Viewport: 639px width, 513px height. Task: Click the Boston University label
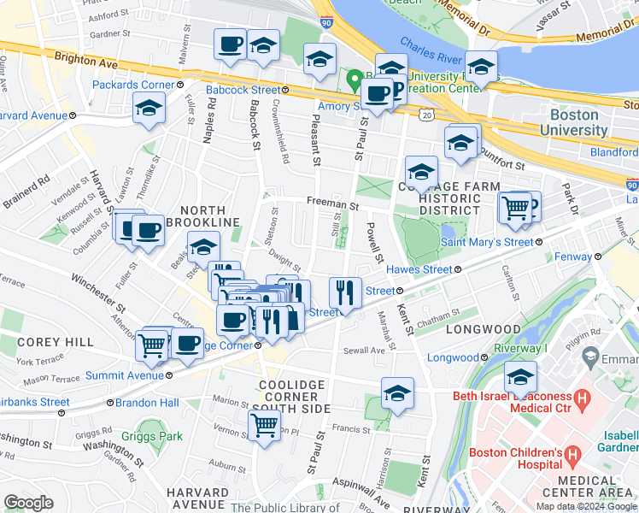coord(579,122)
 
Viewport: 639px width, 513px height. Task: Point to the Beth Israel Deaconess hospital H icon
coord(583,398)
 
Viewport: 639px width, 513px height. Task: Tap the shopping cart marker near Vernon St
coord(264,423)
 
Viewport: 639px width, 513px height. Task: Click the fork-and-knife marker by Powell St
coord(345,293)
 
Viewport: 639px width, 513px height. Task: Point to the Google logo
coord(28,502)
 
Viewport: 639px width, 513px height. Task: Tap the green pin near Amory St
coord(354,81)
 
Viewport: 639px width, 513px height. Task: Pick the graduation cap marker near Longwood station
coord(520,376)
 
